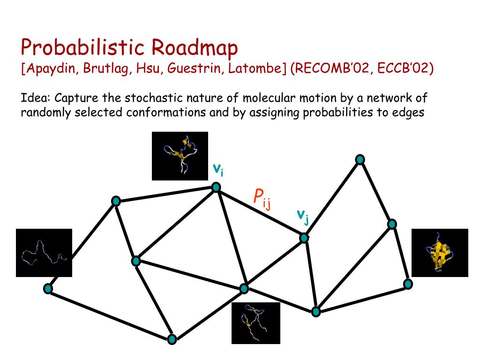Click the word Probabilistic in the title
(82, 48)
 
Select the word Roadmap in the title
(195, 48)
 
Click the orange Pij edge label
(262, 198)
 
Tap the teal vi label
(218, 169)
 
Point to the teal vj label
(303, 216)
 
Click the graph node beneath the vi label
(216, 187)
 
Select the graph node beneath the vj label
(304, 238)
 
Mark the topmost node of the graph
(360, 160)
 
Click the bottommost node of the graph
(172, 339)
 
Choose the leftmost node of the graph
(48, 289)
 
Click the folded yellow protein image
(439, 253)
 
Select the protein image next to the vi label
(180, 156)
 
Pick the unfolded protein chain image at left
(44, 253)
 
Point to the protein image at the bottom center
(255, 323)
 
